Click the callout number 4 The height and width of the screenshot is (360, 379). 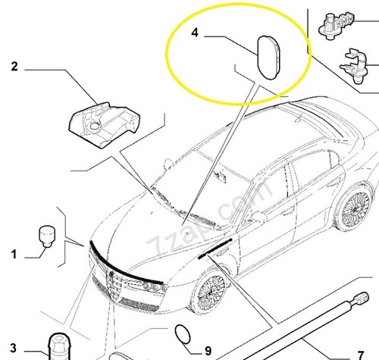click(195, 33)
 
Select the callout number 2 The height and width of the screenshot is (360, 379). click(14, 67)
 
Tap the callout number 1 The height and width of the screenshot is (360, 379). click(14, 254)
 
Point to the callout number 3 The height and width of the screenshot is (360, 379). click(14, 348)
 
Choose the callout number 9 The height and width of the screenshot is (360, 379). click(208, 351)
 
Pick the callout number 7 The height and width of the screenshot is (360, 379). click(361, 355)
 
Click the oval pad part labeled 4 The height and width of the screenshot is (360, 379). click(268, 58)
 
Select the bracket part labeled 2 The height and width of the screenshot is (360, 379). click(105, 125)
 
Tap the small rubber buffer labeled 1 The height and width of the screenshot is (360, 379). click(47, 236)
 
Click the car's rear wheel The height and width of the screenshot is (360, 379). click(354, 209)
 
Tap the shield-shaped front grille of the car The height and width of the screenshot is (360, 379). click(115, 286)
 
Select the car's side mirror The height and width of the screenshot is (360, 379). click(259, 217)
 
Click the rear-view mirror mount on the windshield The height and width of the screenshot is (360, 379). click(221, 176)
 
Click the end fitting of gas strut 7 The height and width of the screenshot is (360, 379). click(361, 298)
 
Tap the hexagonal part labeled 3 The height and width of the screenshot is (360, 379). click(59, 346)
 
